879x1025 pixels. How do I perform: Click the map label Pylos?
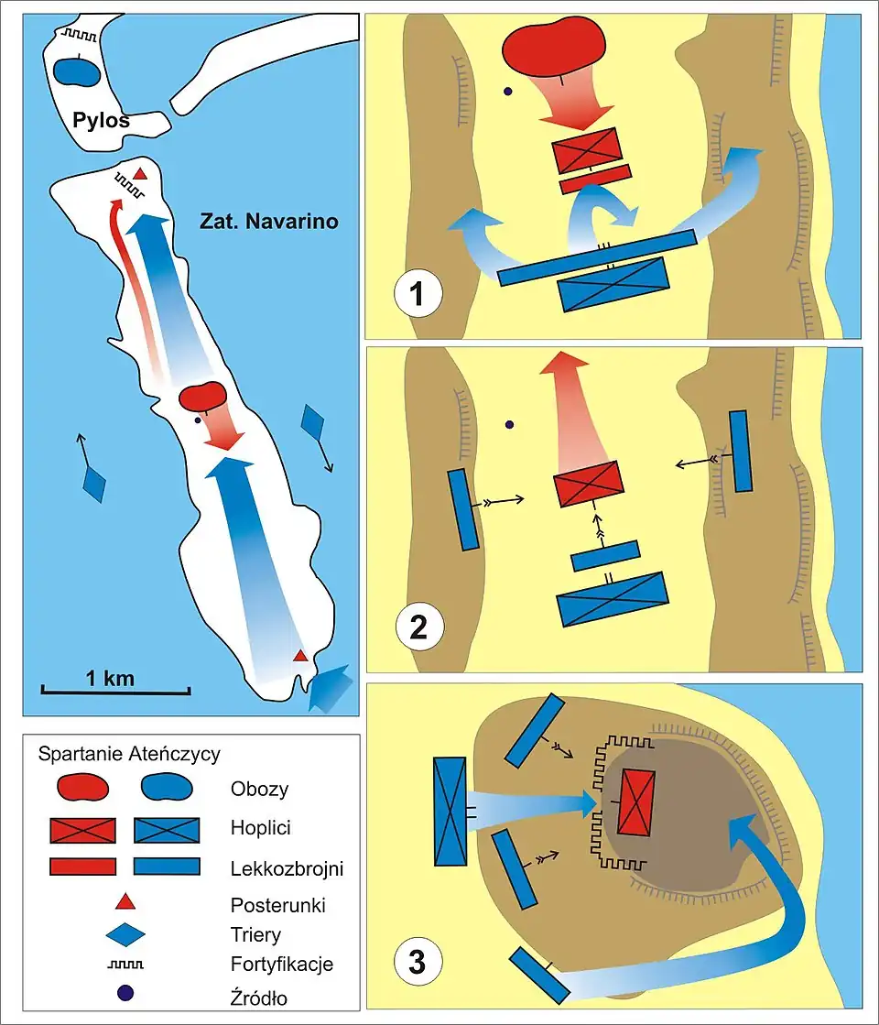tap(101, 121)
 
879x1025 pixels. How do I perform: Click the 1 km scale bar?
tap(116, 686)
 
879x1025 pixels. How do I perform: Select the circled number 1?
tap(418, 295)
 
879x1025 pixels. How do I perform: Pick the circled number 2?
tap(418, 628)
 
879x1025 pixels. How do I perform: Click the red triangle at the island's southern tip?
tap(299, 656)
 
